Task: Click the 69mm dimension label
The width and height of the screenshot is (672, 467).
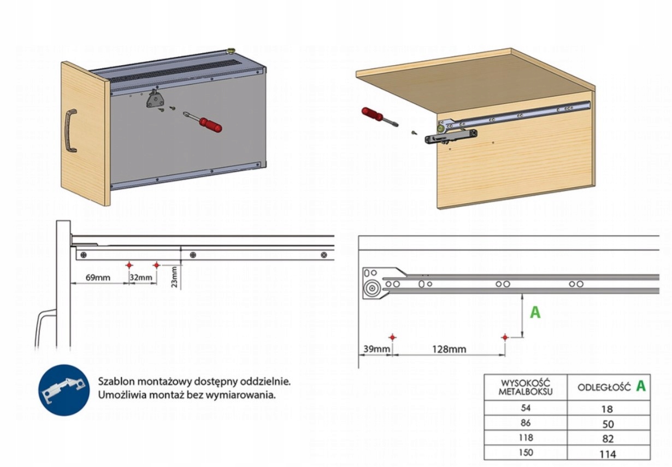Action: click(98, 277)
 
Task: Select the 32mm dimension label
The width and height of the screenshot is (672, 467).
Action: click(141, 277)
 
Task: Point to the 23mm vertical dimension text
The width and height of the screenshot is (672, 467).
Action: click(174, 276)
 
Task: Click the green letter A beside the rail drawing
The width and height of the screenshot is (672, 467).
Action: click(535, 312)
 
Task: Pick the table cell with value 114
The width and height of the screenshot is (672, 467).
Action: click(608, 453)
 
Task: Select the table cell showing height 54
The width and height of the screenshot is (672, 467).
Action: click(525, 408)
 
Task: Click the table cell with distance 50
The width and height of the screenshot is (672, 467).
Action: click(608, 424)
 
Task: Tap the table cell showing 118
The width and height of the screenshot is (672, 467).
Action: click(525, 438)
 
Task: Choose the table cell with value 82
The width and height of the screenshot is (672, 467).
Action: click(608, 439)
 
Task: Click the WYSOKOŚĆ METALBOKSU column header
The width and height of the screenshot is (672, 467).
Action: click(525, 387)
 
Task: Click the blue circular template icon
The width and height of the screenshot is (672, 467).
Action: click(64, 390)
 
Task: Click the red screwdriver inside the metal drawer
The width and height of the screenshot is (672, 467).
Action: click(205, 123)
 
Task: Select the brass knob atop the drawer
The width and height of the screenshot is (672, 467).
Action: click(231, 51)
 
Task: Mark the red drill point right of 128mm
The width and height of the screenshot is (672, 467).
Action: click(505, 337)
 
